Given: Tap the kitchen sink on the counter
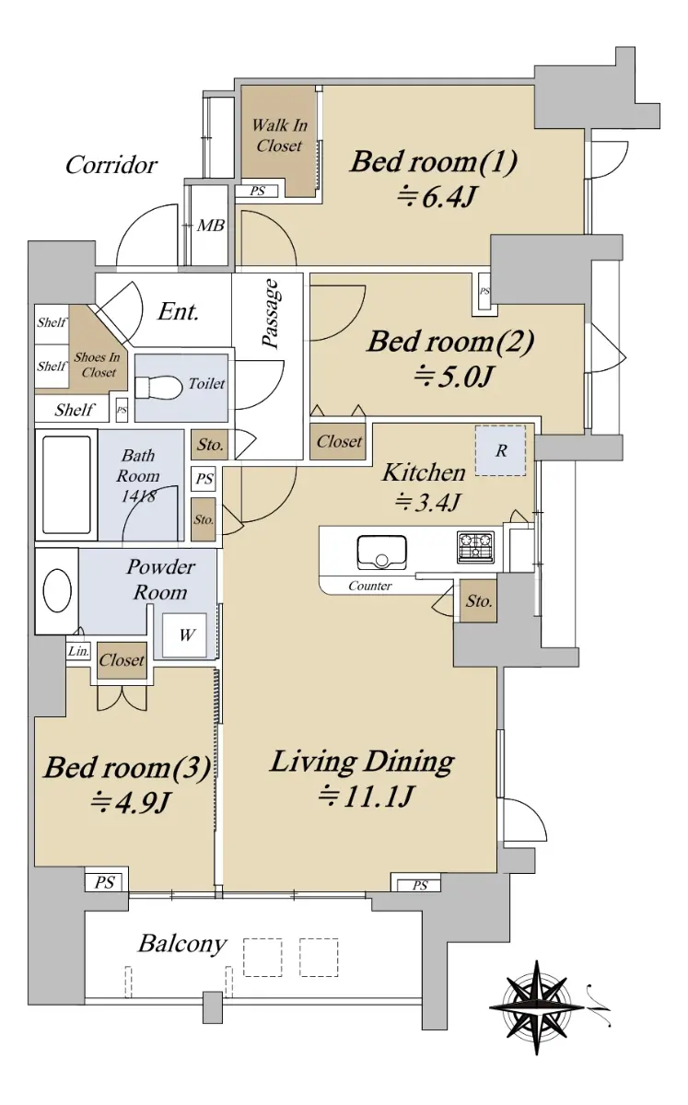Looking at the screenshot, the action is pos(382,552).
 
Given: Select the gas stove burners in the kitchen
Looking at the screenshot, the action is pos(476,547).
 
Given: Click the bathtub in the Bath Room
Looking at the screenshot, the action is pos(66,484).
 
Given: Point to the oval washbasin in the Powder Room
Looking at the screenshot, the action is pos(57,591).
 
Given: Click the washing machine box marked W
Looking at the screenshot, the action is pos(184,634).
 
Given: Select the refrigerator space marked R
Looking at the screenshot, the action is pos(500,450).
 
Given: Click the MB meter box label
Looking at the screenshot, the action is pos(211,226).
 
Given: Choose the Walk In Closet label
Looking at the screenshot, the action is pos(279,135).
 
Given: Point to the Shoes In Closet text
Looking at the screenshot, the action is pos(98,365).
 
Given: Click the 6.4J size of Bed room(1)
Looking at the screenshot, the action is pos(437,197).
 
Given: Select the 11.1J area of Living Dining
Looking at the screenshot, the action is pos(365,797).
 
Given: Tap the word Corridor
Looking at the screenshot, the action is pos(111,165).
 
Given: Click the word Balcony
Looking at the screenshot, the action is pos(182,944).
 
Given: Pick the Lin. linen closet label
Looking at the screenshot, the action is pos(78,651).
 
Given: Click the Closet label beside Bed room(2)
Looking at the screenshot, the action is pos(339,441).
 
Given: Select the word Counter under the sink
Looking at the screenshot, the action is pos(369,586).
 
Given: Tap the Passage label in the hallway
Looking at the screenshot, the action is pos(271,314).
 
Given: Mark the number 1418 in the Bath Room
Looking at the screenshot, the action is pos(139,495).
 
